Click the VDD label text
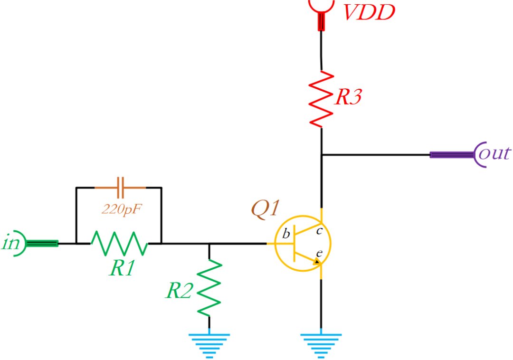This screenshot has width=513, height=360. pos(369,13)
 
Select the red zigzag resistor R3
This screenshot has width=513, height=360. pos(322,99)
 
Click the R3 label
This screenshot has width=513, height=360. pos(348,97)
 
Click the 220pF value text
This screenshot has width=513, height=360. pos(122,208)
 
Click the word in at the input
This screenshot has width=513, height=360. pos(10,243)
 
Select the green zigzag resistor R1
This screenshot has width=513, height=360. pos(119,244)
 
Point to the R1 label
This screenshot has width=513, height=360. pos(123,269)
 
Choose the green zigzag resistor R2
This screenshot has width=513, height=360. pos(209,288)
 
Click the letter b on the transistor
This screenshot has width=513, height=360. pos(286,234)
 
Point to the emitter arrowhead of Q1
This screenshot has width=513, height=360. pos(317,261)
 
